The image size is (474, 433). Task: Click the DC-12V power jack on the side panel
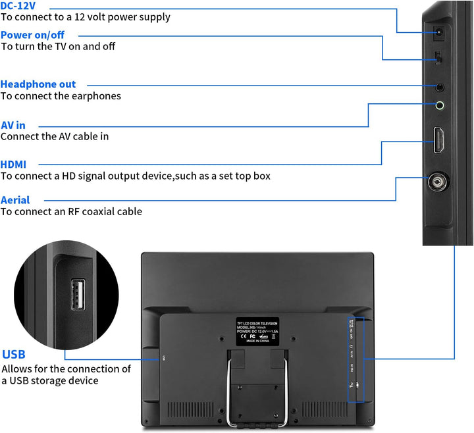pos(437,32)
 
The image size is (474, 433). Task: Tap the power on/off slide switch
pos(439,60)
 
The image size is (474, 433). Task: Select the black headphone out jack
pos(439,86)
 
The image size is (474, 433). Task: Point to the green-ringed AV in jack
pos(440,104)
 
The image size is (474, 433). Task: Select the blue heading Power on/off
pos(33,34)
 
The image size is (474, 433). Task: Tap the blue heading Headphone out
pos(38,84)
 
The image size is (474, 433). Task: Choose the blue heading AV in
pos(13,125)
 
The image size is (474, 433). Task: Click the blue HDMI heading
pos(14,164)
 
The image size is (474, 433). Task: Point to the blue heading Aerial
pos(15,200)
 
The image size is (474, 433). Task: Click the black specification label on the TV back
pos(257,332)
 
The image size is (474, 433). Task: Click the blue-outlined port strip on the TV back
pos(356,359)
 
